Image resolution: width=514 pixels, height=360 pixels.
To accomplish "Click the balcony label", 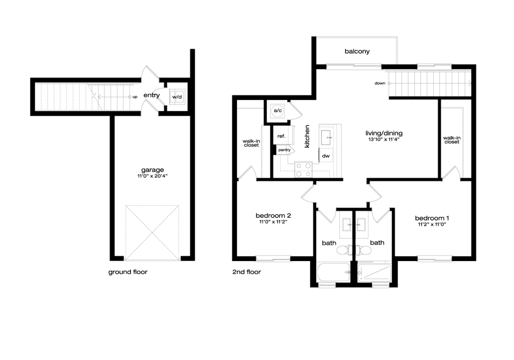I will (357, 52).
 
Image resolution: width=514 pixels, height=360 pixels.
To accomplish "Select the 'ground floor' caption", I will (128, 273).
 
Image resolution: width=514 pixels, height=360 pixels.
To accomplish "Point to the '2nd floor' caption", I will (246, 273).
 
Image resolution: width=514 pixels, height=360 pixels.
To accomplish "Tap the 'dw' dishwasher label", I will (326, 157).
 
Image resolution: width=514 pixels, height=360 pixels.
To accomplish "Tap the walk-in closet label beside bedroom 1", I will (451, 140).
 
